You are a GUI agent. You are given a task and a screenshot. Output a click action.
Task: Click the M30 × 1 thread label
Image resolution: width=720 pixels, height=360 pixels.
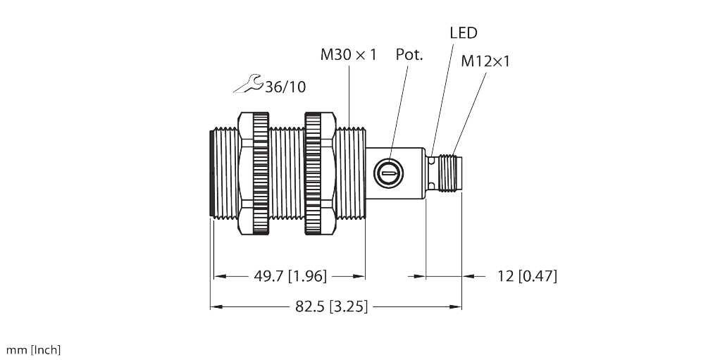pyautogui.click(x=348, y=55)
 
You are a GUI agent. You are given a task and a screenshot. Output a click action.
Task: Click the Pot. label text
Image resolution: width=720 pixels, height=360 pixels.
pyautogui.click(x=409, y=55)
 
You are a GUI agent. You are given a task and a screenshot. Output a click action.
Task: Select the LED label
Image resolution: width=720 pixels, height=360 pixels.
pyautogui.click(x=463, y=32)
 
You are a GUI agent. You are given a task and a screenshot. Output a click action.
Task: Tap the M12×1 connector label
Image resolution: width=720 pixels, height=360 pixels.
pyautogui.click(x=485, y=61)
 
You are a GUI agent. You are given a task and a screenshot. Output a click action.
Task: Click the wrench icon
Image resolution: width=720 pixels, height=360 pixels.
pyautogui.click(x=247, y=84)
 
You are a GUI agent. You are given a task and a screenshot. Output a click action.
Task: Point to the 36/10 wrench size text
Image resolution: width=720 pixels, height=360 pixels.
pyautogui.click(x=285, y=87)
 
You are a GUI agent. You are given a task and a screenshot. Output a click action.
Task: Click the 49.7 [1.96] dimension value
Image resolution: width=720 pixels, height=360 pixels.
pyautogui.click(x=290, y=276)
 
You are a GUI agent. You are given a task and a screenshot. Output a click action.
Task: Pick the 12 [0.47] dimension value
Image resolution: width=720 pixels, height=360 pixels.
pyautogui.click(x=527, y=276)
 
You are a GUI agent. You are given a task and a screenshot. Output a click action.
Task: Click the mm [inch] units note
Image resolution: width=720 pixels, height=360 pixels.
pyautogui.click(x=33, y=350)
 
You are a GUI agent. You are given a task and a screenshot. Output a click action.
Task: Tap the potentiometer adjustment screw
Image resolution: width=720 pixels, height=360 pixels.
pyautogui.click(x=387, y=171)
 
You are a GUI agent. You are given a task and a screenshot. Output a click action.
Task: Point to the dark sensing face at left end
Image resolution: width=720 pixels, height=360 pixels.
pyautogui.click(x=213, y=173)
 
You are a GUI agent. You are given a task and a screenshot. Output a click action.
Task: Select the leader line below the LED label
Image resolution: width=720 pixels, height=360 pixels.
pyautogui.click(x=442, y=92)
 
